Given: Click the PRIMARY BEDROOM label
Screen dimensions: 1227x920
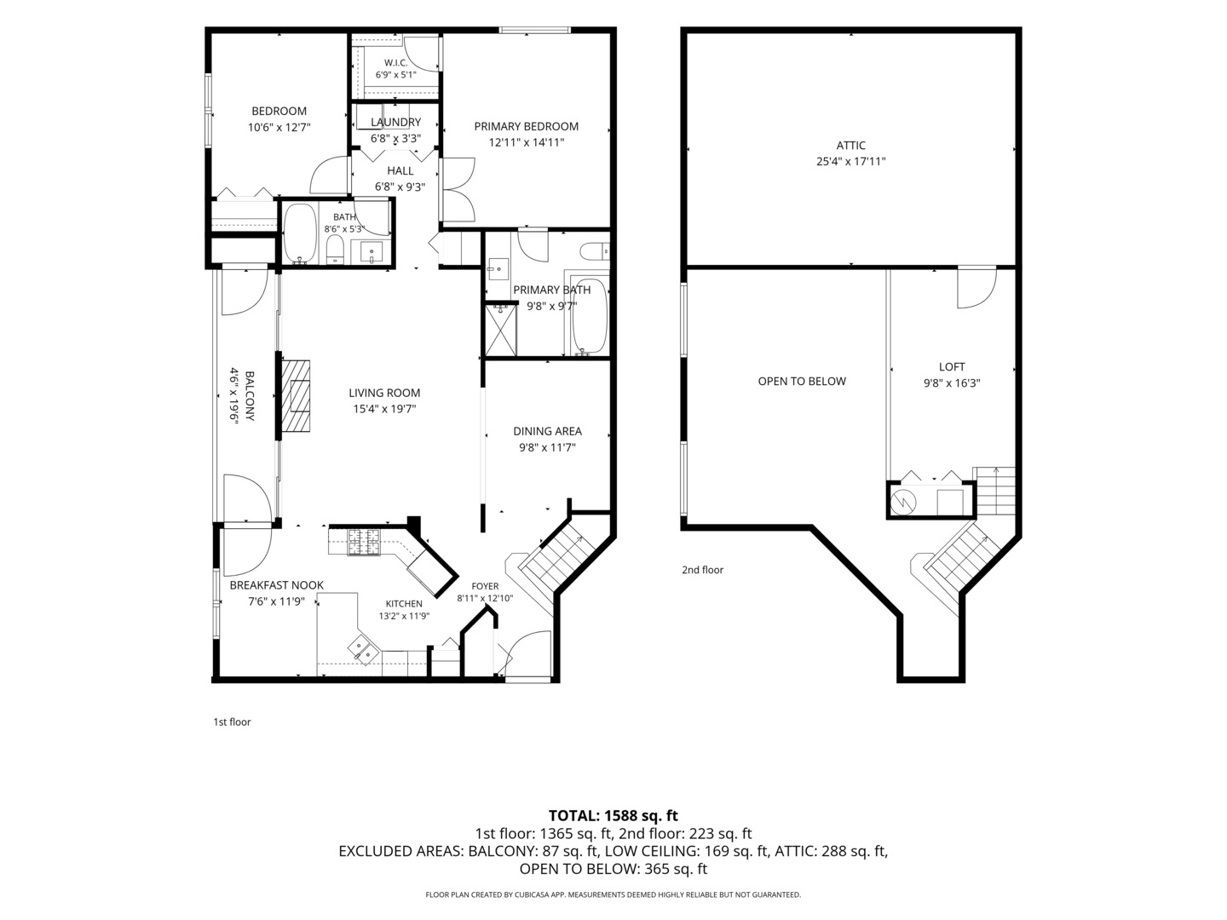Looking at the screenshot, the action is coord(526,127).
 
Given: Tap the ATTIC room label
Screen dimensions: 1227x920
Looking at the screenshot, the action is coord(850,146).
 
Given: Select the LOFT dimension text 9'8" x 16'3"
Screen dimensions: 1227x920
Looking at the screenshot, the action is coord(952,383).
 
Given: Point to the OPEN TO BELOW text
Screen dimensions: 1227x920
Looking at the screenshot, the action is coord(802,382).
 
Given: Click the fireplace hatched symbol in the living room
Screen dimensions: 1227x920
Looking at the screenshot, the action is coord(295,395).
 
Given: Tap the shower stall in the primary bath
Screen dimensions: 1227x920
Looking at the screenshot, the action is coord(500,331).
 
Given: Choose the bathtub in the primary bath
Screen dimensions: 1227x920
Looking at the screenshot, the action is coord(588,317).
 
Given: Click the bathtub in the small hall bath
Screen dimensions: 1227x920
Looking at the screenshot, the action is coord(300,233).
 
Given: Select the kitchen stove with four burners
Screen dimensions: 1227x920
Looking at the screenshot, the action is coord(364,542).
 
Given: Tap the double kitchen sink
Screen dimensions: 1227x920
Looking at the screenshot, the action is coord(364,651).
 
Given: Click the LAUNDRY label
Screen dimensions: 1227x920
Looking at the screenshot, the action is coord(395,123).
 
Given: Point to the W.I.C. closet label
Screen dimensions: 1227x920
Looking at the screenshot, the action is coord(395,63).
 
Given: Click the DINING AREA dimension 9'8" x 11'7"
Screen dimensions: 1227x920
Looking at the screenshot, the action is coord(547,447).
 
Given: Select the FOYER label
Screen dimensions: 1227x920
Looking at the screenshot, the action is coord(485,587).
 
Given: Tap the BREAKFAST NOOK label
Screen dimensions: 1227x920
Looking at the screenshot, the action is coord(277,585).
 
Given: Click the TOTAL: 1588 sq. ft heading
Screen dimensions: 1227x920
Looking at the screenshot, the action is coord(613,815).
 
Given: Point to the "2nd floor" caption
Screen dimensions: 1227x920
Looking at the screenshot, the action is coord(702,570).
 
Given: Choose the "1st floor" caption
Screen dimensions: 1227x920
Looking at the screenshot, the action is coord(232,722).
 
